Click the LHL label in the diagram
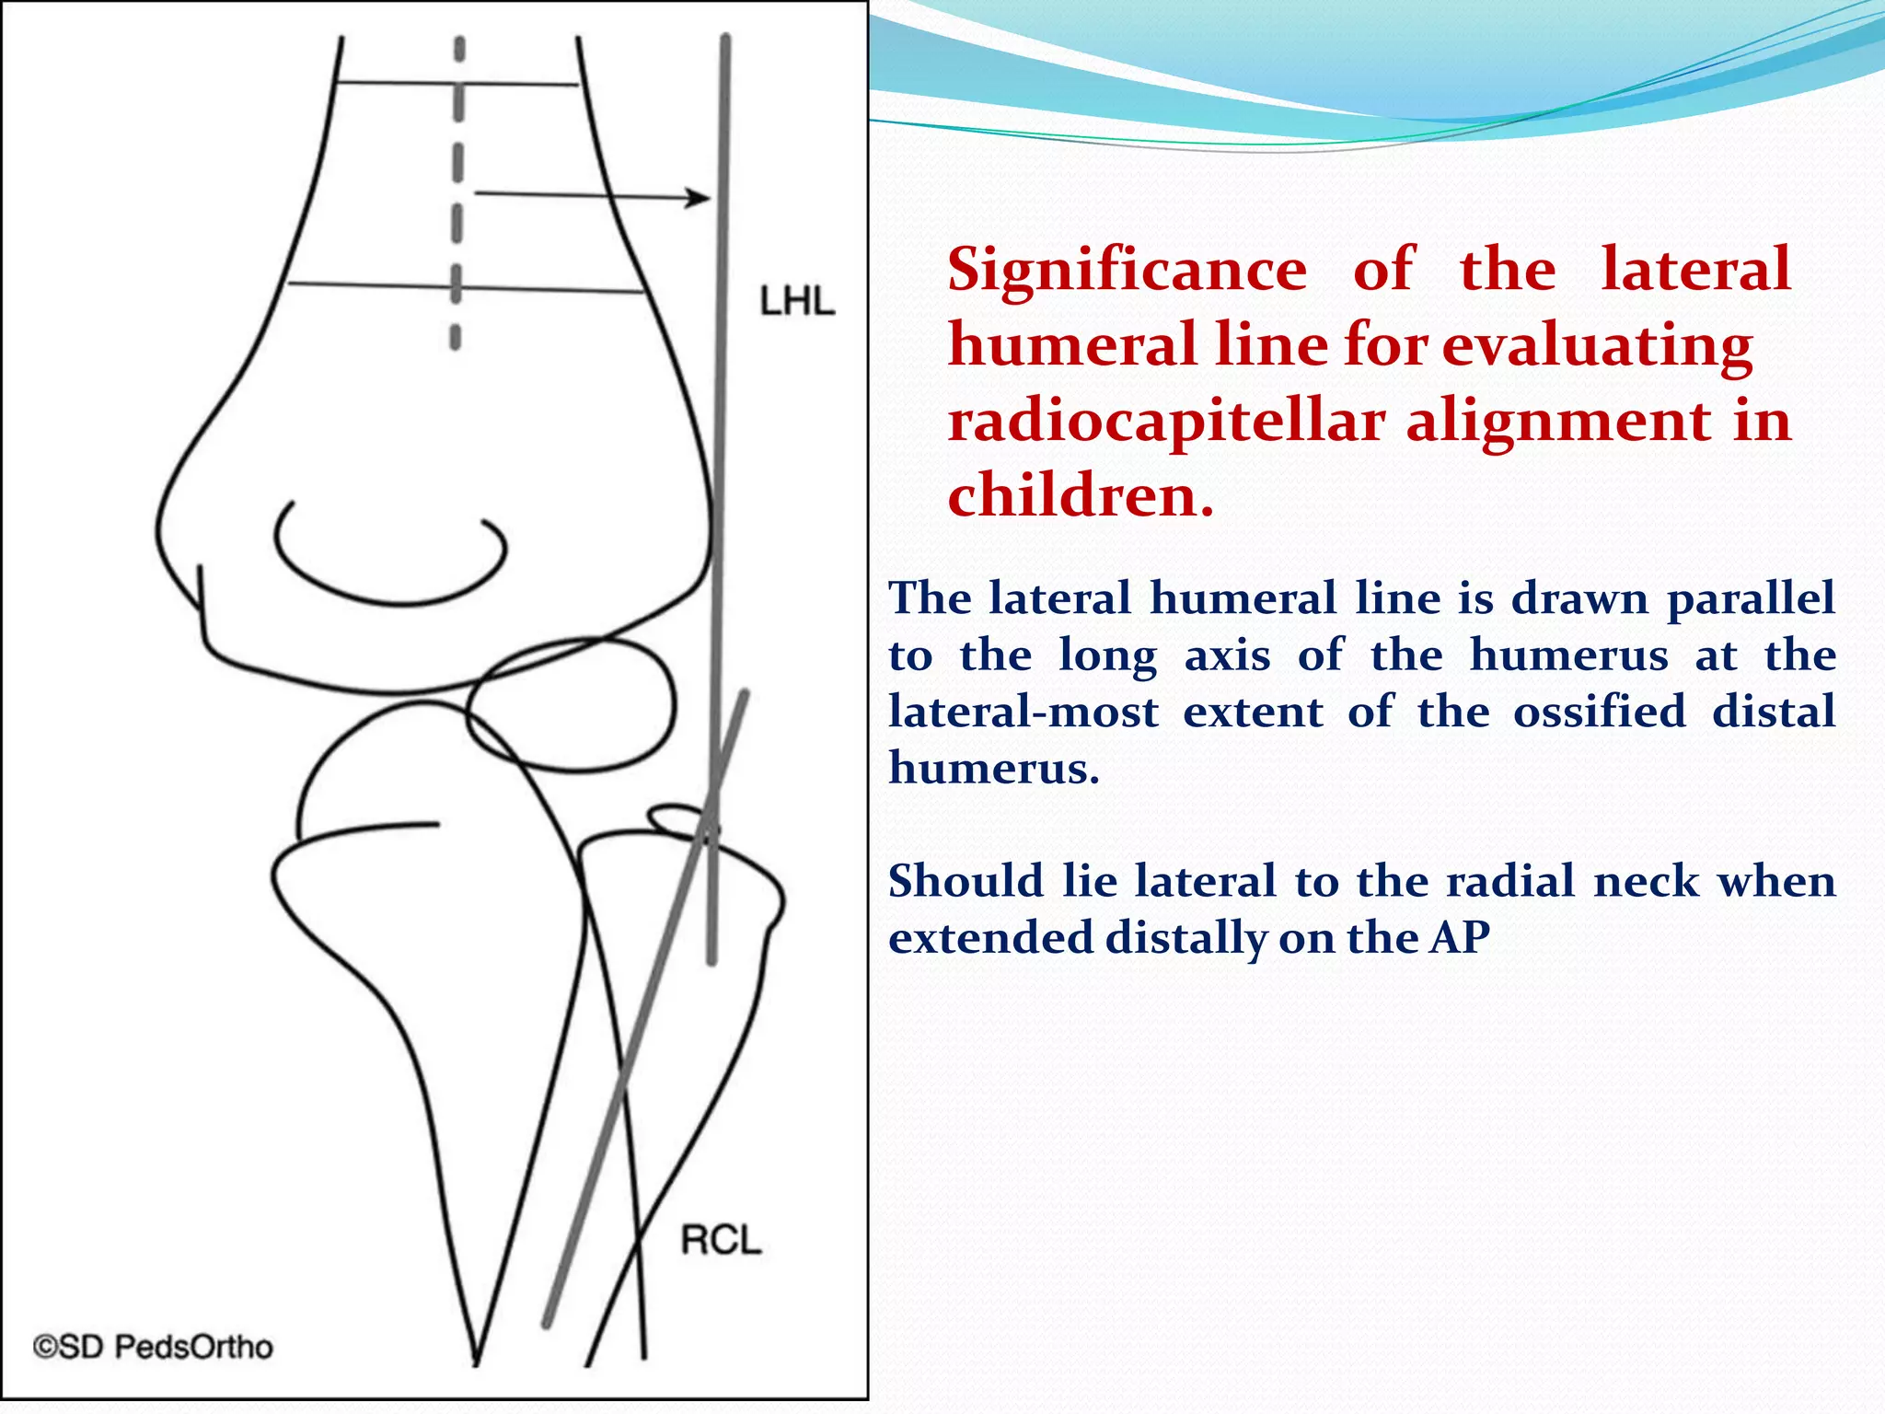coord(797,302)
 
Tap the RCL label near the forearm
coord(721,1240)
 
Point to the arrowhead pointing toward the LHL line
coord(699,197)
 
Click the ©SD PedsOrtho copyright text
coord(154,1347)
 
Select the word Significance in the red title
coord(1127,270)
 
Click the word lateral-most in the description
coord(1023,713)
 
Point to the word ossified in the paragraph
coord(1600,713)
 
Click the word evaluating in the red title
coord(1597,346)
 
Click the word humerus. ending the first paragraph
coord(994,769)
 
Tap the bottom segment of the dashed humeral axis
coord(455,337)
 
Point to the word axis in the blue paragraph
coord(1227,655)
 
